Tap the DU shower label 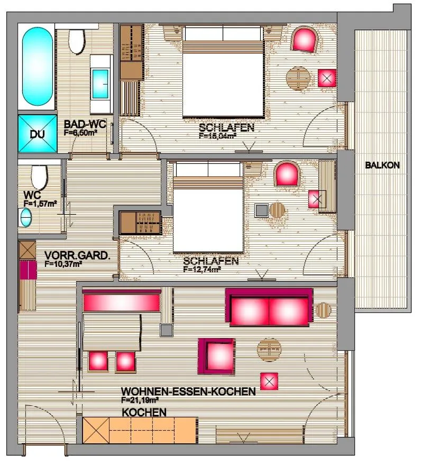click(37, 134)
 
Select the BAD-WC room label click(85, 125)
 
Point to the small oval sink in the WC click(25, 217)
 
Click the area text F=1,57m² click(40, 203)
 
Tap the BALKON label click(382, 165)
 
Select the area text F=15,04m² click(217, 135)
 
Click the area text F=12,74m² click(202, 269)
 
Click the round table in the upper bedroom click(298, 79)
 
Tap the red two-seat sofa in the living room click(269, 308)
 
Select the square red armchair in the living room click(216, 356)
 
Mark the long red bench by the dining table click(121, 302)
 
